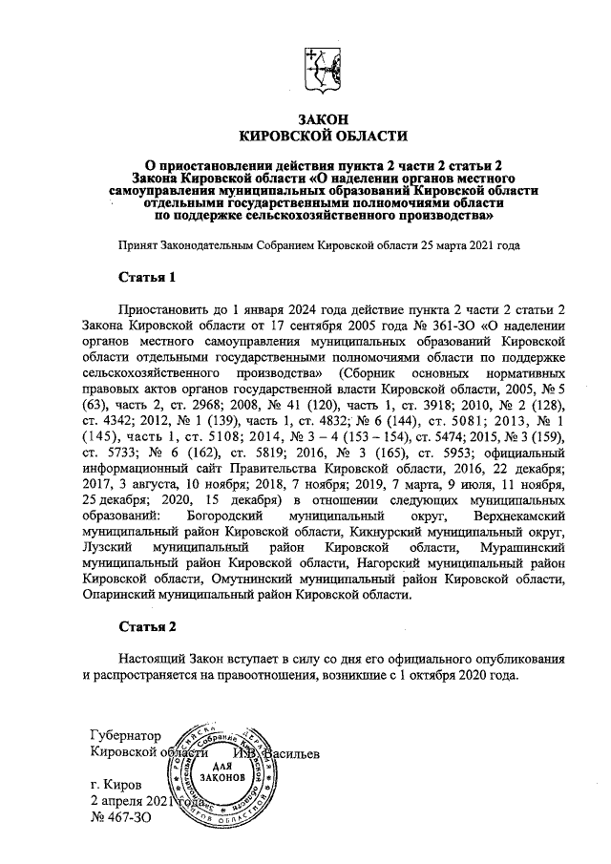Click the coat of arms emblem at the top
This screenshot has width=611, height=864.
(x=321, y=70)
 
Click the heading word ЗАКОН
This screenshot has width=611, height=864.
(x=322, y=118)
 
